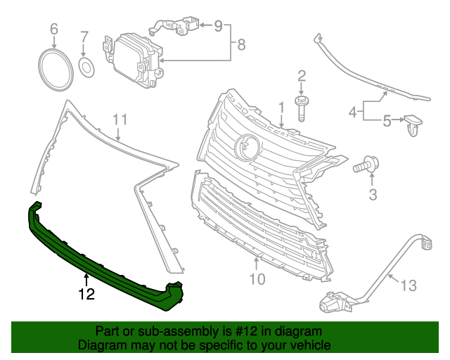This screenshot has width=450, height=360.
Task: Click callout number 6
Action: pyautogui.click(x=53, y=29)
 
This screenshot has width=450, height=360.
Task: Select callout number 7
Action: pyautogui.click(x=84, y=37)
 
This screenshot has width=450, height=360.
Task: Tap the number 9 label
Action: pyautogui.click(x=218, y=26)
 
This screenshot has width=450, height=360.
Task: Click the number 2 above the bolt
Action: pyautogui.click(x=301, y=76)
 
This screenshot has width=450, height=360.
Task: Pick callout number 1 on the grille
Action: pyautogui.click(x=281, y=107)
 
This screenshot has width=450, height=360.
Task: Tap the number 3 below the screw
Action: pyautogui.click(x=373, y=193)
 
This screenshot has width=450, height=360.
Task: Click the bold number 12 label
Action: pyautogui.click(x=86, y=295)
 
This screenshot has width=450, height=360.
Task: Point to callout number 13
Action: pyautogui.click(x=409, y=285)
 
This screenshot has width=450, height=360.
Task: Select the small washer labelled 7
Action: pyautogui.click(x=86, y=67)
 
